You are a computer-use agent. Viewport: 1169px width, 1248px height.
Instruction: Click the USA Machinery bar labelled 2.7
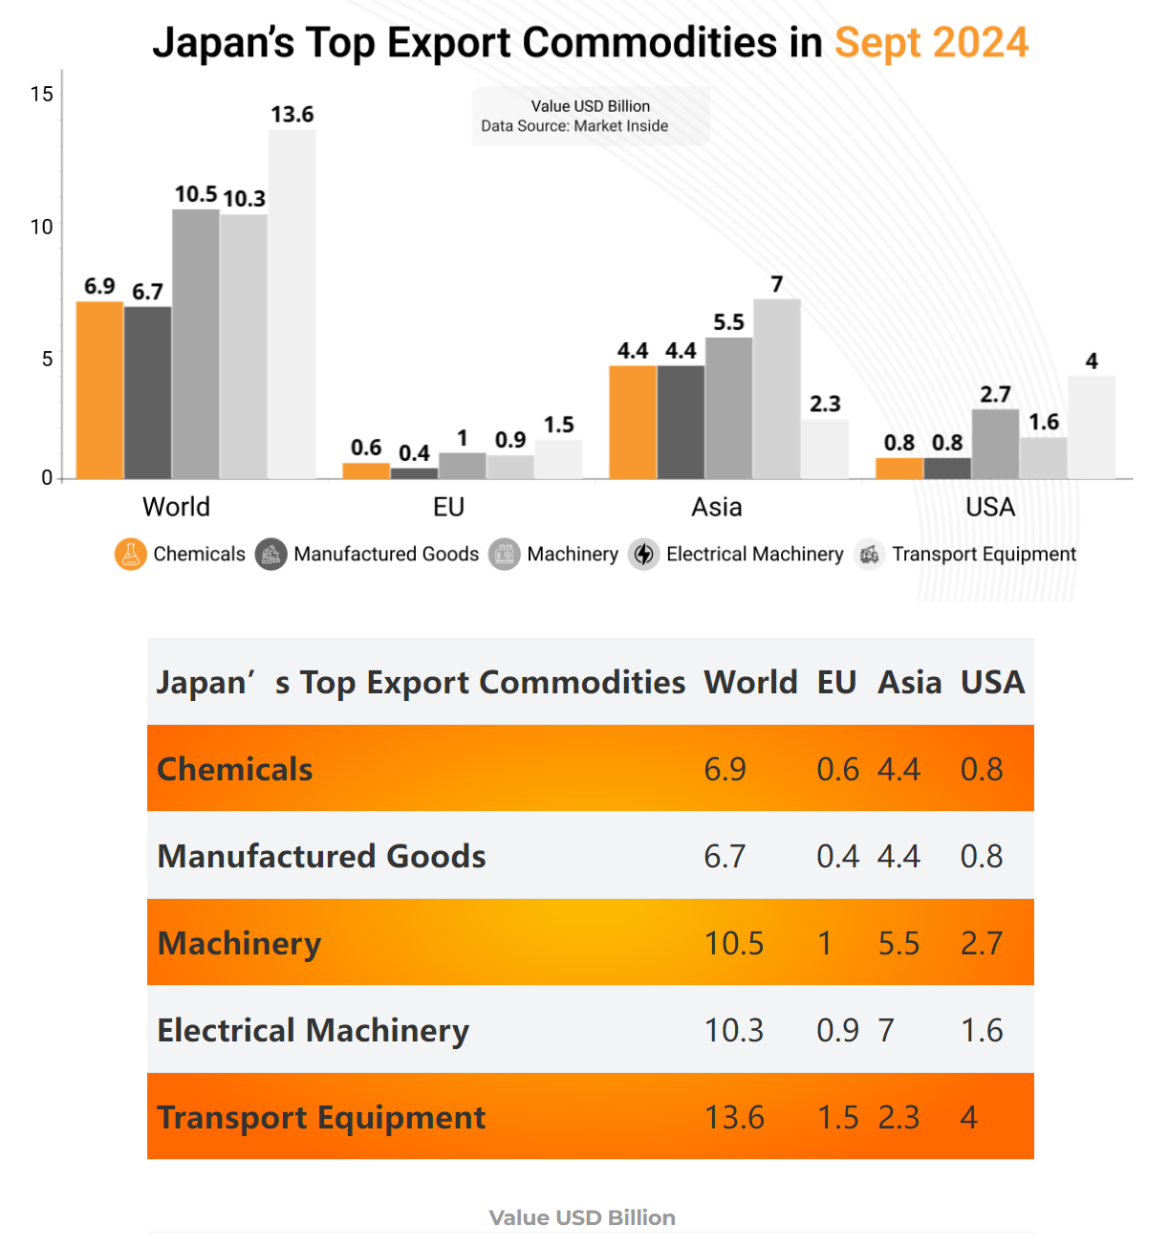click(x=995, y=444)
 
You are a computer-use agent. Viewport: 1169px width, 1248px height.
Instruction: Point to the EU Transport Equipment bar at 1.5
click(x=558, y=459)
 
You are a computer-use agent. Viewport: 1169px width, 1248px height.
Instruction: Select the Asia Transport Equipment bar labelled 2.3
click(x=824, y=449)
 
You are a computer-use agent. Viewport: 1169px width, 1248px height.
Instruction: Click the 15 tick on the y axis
click(x=42, y=94)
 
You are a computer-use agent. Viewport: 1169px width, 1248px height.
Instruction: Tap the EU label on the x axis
click(x=448, y=507)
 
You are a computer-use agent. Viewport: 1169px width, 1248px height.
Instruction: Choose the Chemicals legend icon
click(x=130, y=555)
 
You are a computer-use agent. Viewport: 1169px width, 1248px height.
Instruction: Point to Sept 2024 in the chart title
click(x=931, y=43)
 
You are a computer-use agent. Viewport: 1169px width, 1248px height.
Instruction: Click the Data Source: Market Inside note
click(x=574, y=126)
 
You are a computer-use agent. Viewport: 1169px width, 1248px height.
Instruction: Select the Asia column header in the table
click(x=909, y=682)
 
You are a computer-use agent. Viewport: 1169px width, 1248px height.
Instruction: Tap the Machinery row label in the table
click(x=239, y=943)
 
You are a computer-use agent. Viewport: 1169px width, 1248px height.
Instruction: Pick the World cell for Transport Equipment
click(x=734, y=1117)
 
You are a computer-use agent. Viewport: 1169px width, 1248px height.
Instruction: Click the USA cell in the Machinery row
click(x=982, y=943)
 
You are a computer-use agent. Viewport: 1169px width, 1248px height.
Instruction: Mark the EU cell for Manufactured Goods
click(x=837, y=856)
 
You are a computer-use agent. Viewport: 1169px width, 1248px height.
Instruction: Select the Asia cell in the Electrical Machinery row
click(x=887, y=1030)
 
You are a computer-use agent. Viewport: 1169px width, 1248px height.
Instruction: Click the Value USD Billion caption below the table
click(x=582, y=1217)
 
